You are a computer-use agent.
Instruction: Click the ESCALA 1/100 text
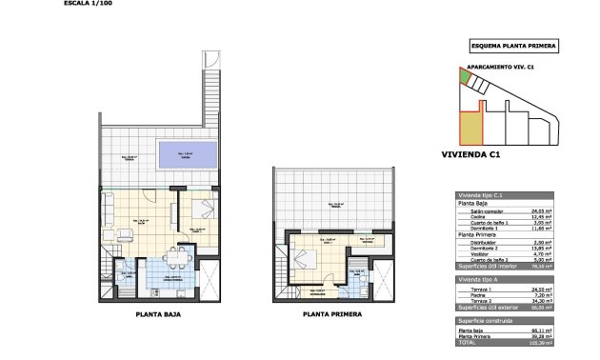(85, 4)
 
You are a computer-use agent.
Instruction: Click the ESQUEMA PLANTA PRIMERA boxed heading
(514, 45)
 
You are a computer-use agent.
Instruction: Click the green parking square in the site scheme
(465, 77)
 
